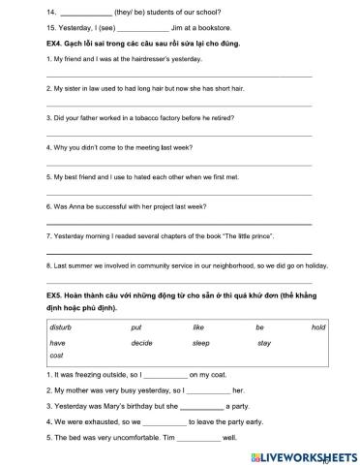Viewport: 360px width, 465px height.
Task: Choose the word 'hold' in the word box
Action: [318, 327]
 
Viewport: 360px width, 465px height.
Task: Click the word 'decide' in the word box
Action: [141, 343]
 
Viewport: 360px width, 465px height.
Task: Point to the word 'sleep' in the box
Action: [200, 343]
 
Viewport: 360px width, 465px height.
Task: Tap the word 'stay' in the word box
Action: [264, 343]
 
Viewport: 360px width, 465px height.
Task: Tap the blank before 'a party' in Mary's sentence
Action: [201, 407]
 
